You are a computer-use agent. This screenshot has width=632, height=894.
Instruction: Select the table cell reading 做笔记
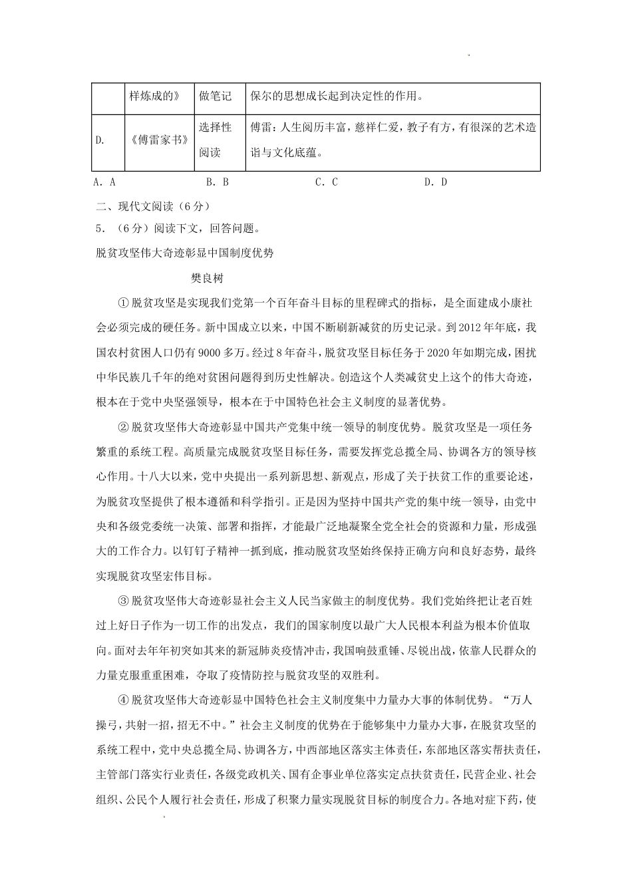[x=215, y=96]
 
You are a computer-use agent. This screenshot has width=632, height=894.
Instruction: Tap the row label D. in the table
[x=100, y=140]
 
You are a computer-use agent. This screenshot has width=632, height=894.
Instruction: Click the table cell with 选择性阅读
[x=215, y=140]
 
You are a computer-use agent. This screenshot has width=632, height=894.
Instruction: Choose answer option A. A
[x=105, y=182]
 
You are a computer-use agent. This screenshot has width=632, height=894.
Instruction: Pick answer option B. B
[x=218, y=182]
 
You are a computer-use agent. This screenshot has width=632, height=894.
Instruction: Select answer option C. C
[x=327, y=182]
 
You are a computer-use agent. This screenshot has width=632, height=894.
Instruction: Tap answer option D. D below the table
[x=436, y=182]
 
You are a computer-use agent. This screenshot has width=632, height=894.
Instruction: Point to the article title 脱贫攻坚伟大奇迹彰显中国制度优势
[x=185, y=253]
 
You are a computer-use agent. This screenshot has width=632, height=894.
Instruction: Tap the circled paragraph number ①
[x=122, y=303]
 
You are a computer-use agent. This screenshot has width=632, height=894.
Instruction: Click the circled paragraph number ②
[x=122, y=427]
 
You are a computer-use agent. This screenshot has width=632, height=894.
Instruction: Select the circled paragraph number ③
[x=122, y=601]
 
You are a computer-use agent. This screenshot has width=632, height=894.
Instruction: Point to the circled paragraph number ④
[x=122, y=700]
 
